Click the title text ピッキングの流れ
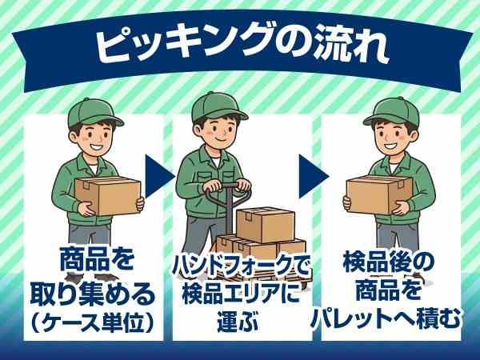click(240, 46)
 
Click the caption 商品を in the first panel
click(95, 261)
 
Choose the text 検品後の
click(392, 261)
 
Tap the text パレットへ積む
click(392, 321)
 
